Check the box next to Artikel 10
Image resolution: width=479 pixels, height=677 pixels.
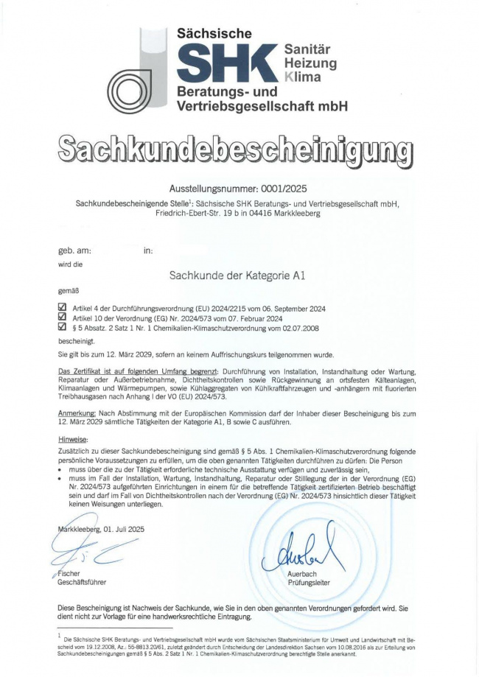pyautogui.click(x=62, y=318)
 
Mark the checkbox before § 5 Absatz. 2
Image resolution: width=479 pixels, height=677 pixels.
pyautogui.click(x=62, y=327)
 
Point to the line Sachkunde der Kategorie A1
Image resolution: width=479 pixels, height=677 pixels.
pyautogui.click(x=237, y=276)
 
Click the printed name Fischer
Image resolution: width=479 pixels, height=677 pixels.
pyautogui.click(x=69, y=573)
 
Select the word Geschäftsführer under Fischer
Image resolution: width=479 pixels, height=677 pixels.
pyautogui.click(x=84, y=583)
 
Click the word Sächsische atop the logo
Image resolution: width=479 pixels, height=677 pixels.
pyautogui.click(x=214, y=34)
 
